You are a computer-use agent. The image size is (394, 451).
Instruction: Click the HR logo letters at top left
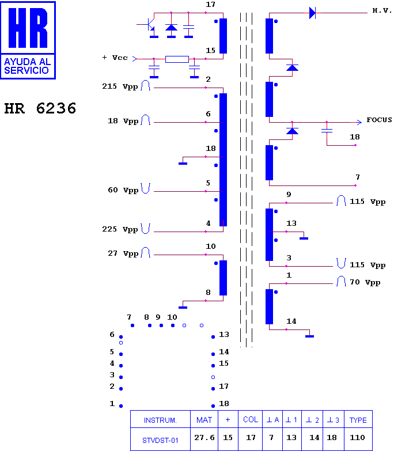pyautogui.click(x=28, y=28)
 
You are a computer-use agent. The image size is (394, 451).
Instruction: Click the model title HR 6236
pyautogui.click(x=40, y=108)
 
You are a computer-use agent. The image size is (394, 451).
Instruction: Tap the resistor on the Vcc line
pyautogui.click(x=177, y=59)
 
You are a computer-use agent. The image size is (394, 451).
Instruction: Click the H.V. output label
pyautogui.click(x=382, y=10)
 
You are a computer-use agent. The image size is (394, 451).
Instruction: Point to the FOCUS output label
pyautogui.click(x=379, y=120)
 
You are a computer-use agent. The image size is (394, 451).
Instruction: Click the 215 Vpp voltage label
pyautogui.click(x=120, y=86)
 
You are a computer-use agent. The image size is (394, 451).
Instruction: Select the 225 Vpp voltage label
pyautogui.click(x=120, y=229)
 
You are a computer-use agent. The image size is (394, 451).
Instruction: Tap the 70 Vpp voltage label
pyautogui.click(x=365, y=282)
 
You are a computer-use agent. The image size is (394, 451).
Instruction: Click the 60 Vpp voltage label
pyautogui.click(x=123, y=190)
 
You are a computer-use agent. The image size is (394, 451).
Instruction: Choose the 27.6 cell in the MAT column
pyautogui.click(x=204, y=438)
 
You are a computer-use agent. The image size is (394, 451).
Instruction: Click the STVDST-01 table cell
pyautogui.click(x=160, y=441)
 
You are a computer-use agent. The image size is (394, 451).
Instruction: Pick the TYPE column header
pyautogui.click(x=358, y=420)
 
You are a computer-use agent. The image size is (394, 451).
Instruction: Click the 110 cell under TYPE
pyautogui.click(x=357, y=438)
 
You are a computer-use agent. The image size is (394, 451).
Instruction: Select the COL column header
pyautogui.click(x=251, y=420)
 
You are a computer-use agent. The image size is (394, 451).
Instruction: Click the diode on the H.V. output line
pyautogui.click(x=312, y=13)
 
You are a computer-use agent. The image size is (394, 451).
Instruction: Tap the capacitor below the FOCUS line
pyautogui.click(x=327, y=131)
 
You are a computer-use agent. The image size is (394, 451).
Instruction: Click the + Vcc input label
pyautogui.click(x=115, y=58)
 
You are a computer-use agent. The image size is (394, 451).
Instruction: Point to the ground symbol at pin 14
pyautogui.click(x=309, y=336)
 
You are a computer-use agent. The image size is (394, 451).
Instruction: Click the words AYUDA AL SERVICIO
pyautogui.click(x=27, y=66)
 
